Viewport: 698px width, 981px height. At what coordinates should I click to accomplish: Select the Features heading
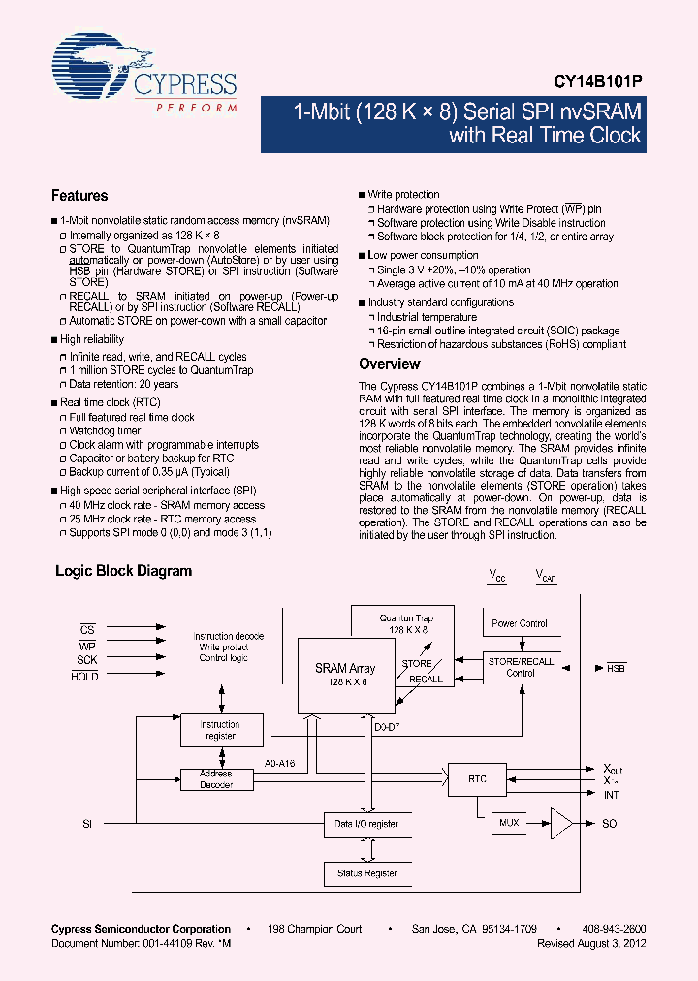[x=79, y=195]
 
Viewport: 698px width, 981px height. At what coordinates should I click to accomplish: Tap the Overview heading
[x=389, y=364]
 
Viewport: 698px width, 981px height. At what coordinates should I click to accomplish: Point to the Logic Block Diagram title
[x=123, y=571]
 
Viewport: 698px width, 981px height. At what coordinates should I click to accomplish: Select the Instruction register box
[x=220, y=730]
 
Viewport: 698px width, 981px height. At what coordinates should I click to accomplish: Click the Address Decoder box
[x=216, y=778]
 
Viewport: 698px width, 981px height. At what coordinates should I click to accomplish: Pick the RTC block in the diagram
[x=477, y=778]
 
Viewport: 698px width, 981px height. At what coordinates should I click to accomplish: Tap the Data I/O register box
[x=366, y=824]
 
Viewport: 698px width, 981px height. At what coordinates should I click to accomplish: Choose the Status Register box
[x=366, y=873]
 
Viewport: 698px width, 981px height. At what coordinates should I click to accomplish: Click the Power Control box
[x=520, y=623]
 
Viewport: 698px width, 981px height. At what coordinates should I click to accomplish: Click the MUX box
[x=509, y=823]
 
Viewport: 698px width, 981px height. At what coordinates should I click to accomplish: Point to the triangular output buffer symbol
[x=561, y=823]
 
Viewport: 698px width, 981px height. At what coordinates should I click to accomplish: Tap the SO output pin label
[x=609, y=823]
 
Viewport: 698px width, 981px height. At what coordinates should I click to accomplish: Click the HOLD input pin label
[x=84, y=677]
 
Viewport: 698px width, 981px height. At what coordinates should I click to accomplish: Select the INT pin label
[x=611, y=795]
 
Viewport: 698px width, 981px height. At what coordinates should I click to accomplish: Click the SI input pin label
[x=87, y=823]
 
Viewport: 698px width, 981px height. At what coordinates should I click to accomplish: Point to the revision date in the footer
[x=591, y=942]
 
